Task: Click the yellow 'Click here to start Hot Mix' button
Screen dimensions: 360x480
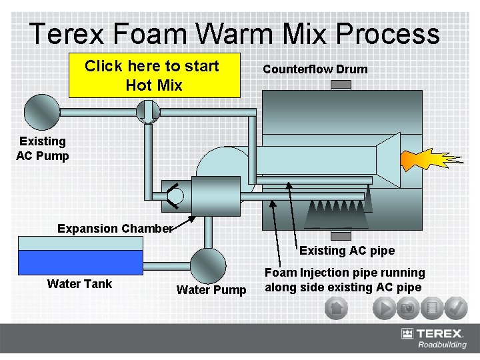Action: [154, 75]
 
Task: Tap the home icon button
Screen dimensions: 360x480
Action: [337, 309]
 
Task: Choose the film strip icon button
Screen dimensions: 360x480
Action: [433, 309]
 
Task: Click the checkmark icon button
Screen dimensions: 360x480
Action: [456, 309]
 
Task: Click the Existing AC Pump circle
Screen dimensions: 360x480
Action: [42, 111]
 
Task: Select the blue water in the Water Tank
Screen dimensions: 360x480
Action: [81, 262]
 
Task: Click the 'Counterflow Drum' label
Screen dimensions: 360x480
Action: [315, 69]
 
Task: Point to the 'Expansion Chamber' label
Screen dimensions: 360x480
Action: [115, 229]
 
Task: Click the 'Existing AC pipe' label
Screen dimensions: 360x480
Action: [347, 251]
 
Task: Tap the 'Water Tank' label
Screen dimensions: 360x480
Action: [79, 284]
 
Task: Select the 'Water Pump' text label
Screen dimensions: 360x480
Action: [211, 289]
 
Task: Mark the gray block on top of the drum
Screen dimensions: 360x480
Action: [341, 85]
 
